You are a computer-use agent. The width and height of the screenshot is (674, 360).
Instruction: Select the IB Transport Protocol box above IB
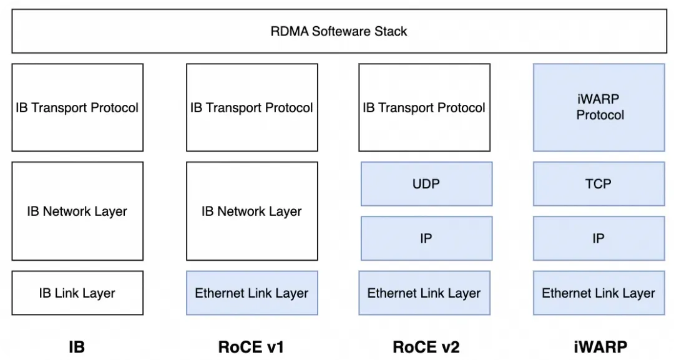(77, 107)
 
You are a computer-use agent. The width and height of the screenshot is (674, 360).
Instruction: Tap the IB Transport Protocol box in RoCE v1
(252, 107)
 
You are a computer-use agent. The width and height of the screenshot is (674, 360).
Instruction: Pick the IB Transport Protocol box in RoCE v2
(424, 107)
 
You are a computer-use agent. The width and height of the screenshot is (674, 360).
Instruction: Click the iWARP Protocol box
(599, 107)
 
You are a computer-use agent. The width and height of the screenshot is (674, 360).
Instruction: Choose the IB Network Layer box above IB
(77, 211)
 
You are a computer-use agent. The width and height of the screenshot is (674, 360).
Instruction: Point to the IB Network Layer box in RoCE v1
(252, 211)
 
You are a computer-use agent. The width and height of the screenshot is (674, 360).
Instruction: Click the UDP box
(426, 183)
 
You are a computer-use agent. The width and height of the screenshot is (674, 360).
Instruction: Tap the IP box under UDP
(426, 238)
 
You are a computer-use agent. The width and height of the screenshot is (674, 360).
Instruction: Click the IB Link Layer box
(77, 293)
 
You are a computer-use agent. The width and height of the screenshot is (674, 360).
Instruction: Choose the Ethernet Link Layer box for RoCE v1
(252, 293)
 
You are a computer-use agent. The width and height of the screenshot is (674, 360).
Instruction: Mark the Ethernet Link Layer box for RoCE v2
(424, 293)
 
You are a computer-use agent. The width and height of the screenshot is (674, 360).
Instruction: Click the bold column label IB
(77, 346)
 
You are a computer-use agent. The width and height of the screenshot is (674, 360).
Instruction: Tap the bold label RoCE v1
(251, 346)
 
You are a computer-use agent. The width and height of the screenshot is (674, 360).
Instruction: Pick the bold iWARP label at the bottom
(600, 346)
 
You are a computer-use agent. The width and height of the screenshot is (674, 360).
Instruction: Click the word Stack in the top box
(391, 31)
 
